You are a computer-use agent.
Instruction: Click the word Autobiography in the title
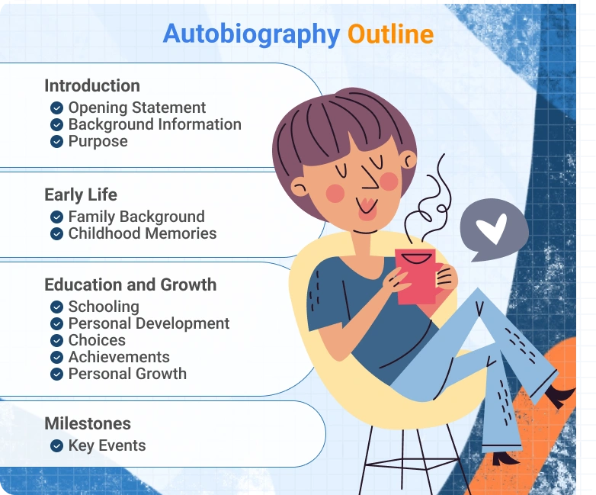251,34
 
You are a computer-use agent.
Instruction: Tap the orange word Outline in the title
390,34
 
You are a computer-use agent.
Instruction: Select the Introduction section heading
92,86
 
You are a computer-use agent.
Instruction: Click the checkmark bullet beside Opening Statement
56,108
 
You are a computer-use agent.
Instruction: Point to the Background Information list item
155,124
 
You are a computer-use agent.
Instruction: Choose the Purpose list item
98,141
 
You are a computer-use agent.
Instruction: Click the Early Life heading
81,194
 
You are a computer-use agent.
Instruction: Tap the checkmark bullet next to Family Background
56,217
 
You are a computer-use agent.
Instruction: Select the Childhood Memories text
143,233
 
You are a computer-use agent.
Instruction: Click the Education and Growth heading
130,285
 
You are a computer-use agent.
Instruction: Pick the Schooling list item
104,307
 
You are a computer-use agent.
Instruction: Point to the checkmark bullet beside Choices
56,341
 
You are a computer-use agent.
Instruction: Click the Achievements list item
119,357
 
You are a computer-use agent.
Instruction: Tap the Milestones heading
88,423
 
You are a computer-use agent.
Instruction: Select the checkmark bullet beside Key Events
56,446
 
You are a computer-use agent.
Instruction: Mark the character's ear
409,160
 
